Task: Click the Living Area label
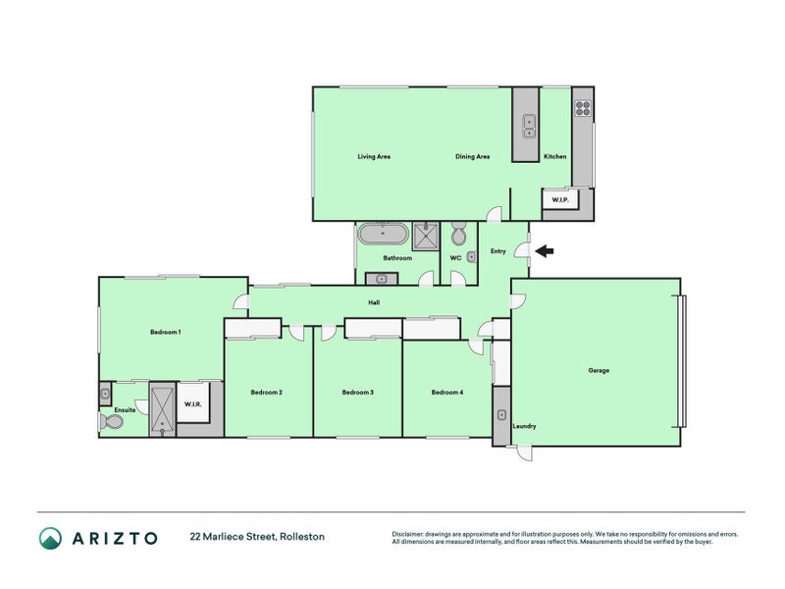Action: (x=374, y=156)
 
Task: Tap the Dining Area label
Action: (x=472, y=156)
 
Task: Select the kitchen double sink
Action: (x=529, y=124)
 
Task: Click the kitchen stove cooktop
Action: (x=583, y=109)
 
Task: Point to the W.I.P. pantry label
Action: (x=560, y=200)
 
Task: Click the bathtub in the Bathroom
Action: (x=382, y=235)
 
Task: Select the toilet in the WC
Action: (x=458, y=236)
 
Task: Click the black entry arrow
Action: (x=543, y=251)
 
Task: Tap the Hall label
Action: (x=374, y=302)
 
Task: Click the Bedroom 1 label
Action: (x=165, y=332)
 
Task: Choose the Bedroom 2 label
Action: (x=267, y=393)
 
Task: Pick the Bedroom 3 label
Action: (x=357, y=393)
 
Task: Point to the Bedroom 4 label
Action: (x=447, y=393)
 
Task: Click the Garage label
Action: (x=599, y=370)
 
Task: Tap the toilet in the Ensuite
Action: (x=112, y=422)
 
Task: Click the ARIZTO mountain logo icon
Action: (x=50, y=537)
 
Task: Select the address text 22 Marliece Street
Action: (x=257, y=537)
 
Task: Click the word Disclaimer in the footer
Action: (x=410, y=533)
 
